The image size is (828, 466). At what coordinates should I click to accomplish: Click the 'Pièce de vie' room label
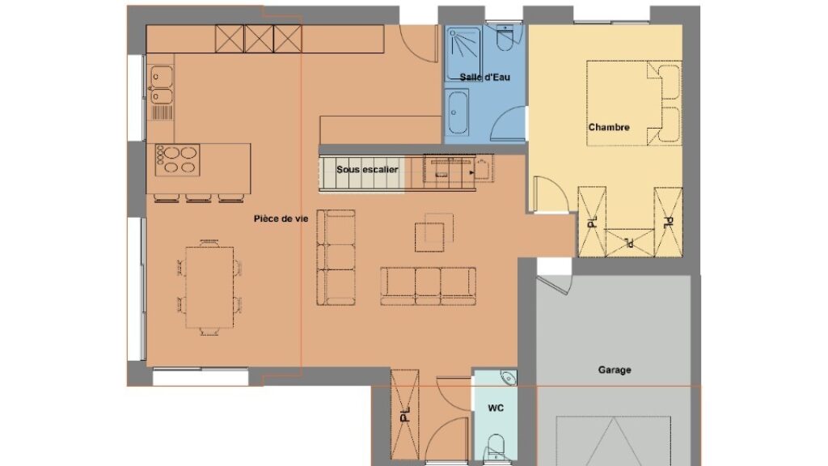coord(281,218)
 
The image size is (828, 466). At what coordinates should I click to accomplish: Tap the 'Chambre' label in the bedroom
coord(609,127)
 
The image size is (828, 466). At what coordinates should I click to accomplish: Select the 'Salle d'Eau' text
coord(485,77)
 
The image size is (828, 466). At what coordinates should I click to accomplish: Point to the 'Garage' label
coord(615,370)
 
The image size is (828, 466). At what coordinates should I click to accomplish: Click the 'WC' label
coord(496,408)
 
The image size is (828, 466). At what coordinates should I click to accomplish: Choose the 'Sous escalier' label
coord(367,170)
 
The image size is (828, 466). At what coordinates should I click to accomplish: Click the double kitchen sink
coord(162,84)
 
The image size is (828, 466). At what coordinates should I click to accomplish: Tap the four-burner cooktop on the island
coord(177,159)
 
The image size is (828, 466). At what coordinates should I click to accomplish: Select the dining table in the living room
coord(209,288)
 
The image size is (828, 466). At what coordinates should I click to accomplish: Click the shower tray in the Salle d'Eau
coord(463,54)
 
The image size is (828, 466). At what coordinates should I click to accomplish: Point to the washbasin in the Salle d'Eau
coord(456,112)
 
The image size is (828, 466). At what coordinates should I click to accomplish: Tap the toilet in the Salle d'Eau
coord(505,39)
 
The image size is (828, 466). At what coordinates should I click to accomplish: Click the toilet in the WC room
coord(496,447)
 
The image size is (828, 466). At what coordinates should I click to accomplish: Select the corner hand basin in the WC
coord(509,377)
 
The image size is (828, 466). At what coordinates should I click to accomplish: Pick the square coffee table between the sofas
coord(429,237)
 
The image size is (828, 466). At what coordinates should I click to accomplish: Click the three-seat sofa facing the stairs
coord(428,286)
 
